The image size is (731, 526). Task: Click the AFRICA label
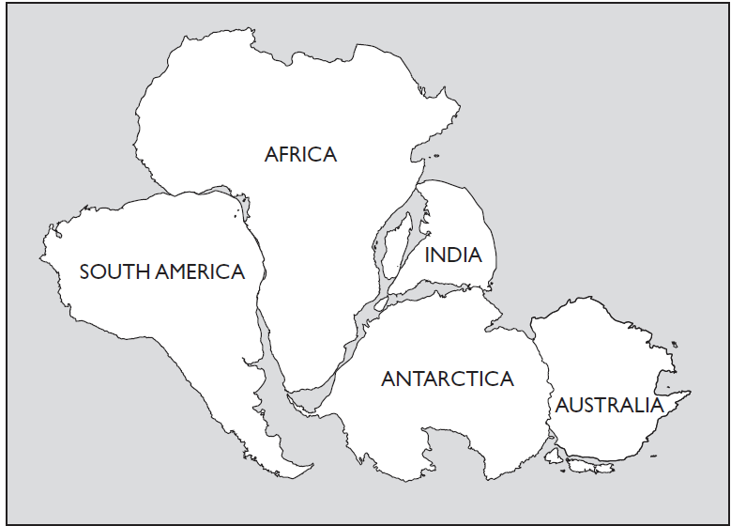[300, 154]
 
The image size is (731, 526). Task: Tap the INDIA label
[453, 255]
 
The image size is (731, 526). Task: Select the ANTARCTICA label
[448, 379]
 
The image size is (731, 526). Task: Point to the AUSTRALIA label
[609, 406]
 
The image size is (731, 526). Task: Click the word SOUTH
[111, 272]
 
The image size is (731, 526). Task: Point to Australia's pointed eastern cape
[689, 394]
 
